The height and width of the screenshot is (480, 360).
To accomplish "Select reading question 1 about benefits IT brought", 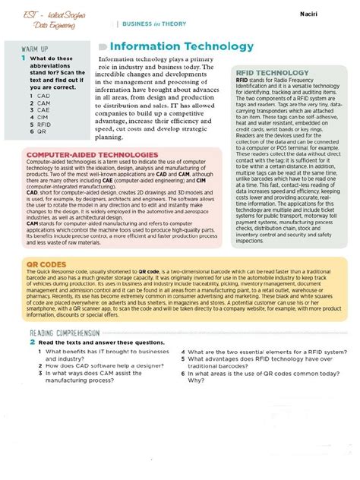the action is tap(107, 355).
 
